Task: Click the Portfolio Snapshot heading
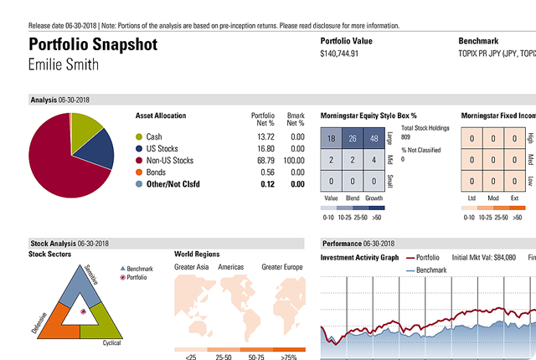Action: coord(91,45)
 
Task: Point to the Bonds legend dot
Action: coord(139,172)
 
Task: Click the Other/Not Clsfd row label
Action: coord(176,183)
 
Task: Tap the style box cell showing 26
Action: coord(353,139)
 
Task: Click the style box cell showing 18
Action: coord(332,139)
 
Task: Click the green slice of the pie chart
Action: coord(85,126)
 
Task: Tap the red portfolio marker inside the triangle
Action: coord(82,311)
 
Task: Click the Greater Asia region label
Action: coord(191,267)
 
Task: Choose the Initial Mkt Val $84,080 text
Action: coord(484,258)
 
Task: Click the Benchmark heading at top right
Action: coord(479,40)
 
